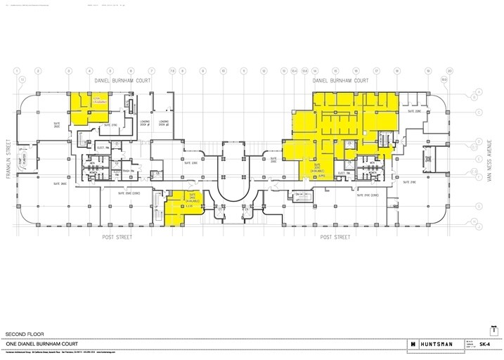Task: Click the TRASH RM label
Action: pyautogui.click(x=127, y=171)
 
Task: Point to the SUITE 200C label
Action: pyautogui.click(x=273, y=161)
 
